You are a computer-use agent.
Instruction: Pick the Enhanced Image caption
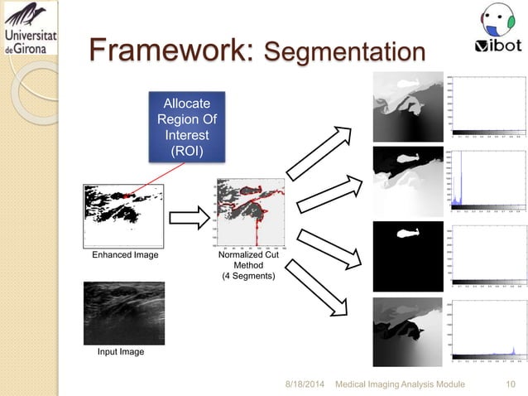click(123, 255)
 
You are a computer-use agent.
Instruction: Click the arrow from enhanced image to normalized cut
click(190, 220)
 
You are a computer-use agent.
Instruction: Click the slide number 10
click(511, 384)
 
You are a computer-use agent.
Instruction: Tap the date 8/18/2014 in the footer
click(305, 384)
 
